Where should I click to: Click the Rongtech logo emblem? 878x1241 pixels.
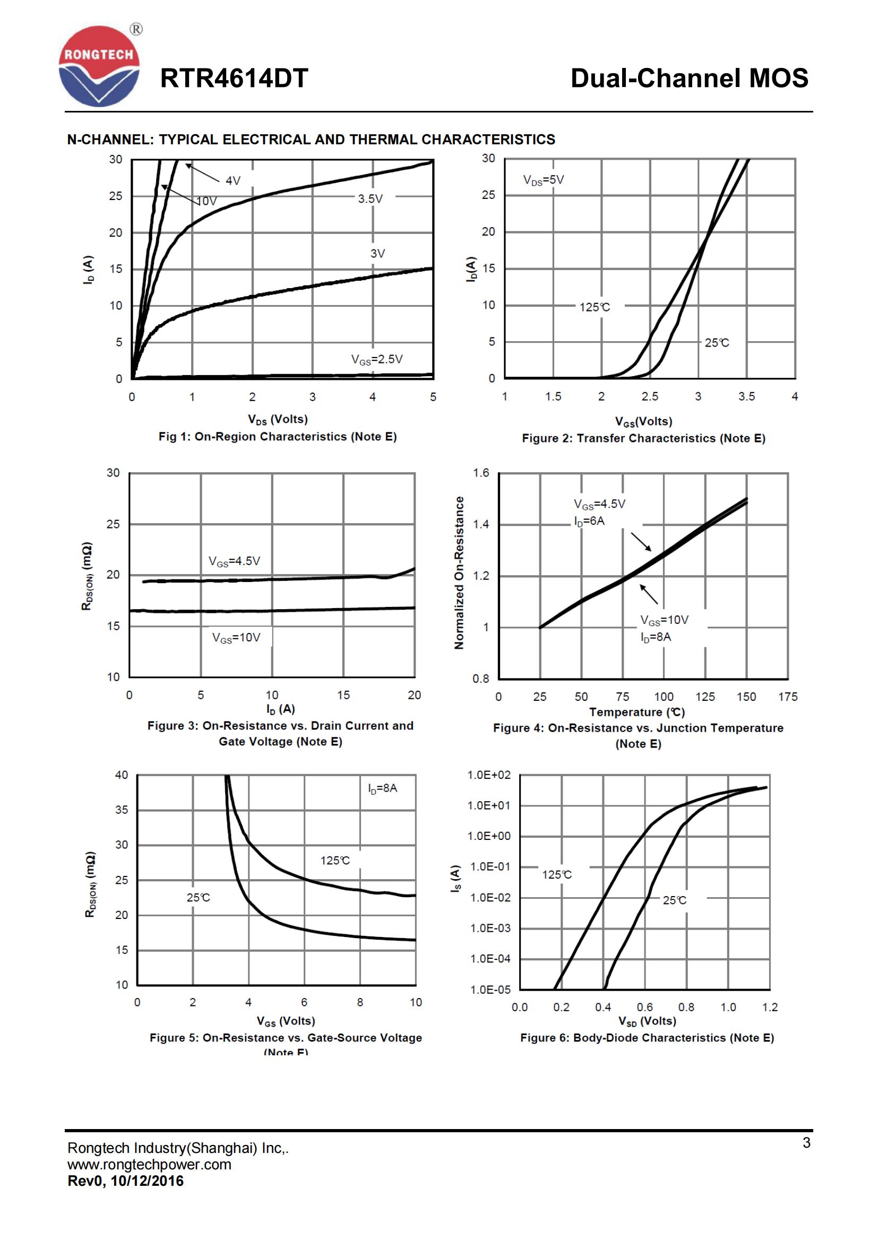tap(99, 66)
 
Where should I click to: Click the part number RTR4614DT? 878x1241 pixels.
tap(234, 79)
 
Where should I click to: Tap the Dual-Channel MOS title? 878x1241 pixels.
tap(689, 79)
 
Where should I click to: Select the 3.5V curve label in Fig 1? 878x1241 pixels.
tap(370, 199)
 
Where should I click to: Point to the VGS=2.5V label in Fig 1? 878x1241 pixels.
tap(376, 359)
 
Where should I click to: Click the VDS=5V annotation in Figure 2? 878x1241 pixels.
tap(543, 180)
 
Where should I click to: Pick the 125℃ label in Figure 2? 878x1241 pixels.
tap(594, 307)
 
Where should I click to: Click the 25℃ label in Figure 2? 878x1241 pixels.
tap(716, 343)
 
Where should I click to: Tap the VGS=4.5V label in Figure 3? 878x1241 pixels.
tap(234, 561)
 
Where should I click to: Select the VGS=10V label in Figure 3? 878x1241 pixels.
tap(236, 638)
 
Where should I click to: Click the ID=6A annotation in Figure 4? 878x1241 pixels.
tap(589, 521)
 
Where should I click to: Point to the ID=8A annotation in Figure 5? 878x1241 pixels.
tap(382, 788)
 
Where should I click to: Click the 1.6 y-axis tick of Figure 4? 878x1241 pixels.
tap(480, 473)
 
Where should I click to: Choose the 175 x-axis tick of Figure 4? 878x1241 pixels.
tap(787, 697)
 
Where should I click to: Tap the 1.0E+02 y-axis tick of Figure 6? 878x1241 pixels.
tap(488, 775)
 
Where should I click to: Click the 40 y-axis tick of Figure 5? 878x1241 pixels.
tap(122, 775)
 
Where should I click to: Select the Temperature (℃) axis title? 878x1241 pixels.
tap(636, 712)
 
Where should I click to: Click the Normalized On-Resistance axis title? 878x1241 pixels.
tap(459, 572)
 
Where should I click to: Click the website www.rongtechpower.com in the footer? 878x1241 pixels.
tap(149, 1164)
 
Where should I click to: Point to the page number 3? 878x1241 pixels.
tap(806, 1143)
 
